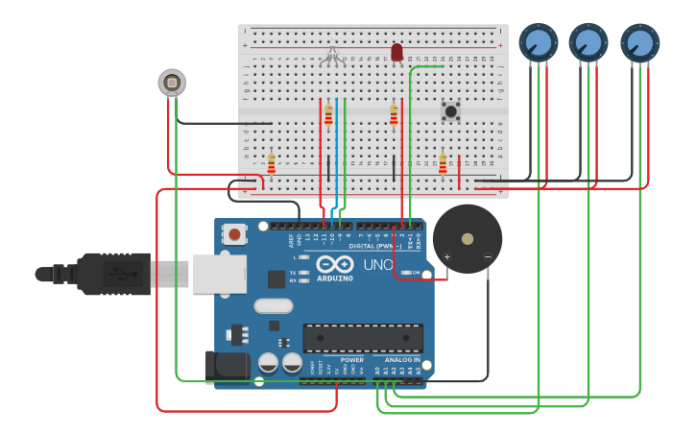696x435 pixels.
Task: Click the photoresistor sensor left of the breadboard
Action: (x=172, y=84)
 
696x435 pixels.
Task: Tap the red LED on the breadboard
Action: (x=396, y=52)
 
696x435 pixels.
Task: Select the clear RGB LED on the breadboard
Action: (x=333, y=55)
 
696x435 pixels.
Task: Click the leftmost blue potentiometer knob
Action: (x=539, y=42)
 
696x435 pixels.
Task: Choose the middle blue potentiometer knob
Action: (x=588, y=42)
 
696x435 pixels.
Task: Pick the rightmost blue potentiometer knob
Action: (x=639, y=43)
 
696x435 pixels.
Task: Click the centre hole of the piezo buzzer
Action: (x=468, y=238)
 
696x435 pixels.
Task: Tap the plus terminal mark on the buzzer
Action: (x=446, y=256)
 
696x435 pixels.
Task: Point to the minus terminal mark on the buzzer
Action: (x=488, y=256)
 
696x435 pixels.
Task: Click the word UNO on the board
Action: (x=377, y=264)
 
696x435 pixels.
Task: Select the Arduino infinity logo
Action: (x=335, y=264)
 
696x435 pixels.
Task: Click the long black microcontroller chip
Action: (x=363, y=338)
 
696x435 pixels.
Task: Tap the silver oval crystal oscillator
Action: (x=274, y=306)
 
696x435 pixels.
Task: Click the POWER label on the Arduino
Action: (x=352, y=360)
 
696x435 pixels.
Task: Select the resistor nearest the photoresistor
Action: (x=272, y=164)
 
